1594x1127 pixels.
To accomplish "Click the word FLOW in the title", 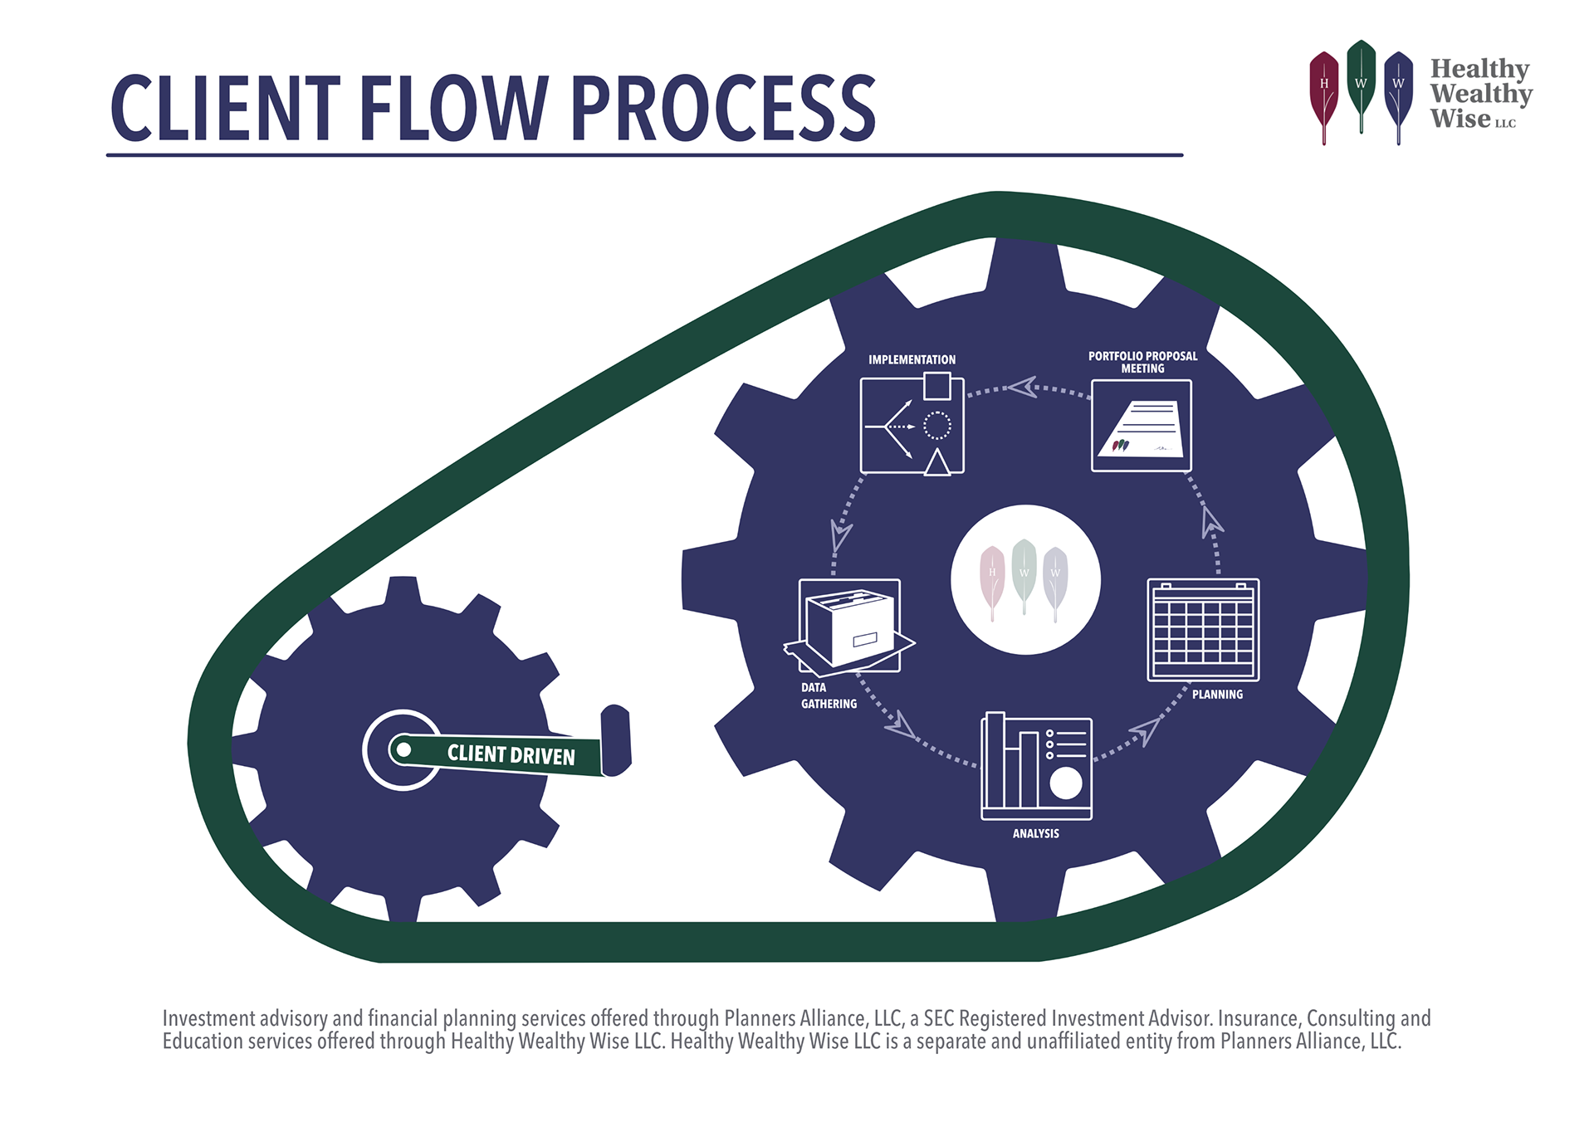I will pyautogui.click(x=453, y=108).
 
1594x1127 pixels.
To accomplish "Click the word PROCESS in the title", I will pyautogui.click(x=723, y=108).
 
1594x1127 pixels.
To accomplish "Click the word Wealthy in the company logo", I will pyautogui.click(x=1481, y=94).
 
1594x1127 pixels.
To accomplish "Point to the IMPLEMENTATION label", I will pyautogui.click(x=912, y=359).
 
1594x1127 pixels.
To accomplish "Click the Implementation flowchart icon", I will pyautogui.click(x=912, y=425).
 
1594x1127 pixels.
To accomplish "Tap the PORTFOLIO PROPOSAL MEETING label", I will pyautogui.click(x=1142, y=362).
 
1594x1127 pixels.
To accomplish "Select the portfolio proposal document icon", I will pyautogui.click(x=1141, y=427).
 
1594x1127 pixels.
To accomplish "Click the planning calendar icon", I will pyautogui.click(x=1203, y=631).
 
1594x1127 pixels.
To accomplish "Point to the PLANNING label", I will pyautogui.click(x=1217, y=695).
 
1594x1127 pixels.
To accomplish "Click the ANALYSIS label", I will pyautogui.click(x=1035, y=833).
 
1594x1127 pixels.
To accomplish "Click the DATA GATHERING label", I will pyautogui.click(x=828, y=695).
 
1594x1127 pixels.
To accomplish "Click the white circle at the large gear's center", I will pyautogui.click(x=1025, y=579).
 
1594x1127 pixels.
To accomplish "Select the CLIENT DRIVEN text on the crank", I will pyautogui.click(x=511, y=754).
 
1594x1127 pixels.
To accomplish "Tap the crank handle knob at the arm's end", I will pyautogui.click(x=616, y=740).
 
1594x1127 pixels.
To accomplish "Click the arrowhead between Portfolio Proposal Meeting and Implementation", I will pyautogui.click(x=1024, y=387).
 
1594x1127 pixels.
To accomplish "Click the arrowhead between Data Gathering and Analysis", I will pyautogui.click(x=901, y=725).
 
